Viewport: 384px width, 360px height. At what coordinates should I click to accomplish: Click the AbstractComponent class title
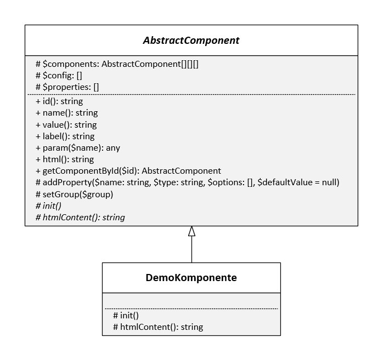coord(191,41)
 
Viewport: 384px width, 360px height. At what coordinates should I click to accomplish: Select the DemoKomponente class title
coord(191,278)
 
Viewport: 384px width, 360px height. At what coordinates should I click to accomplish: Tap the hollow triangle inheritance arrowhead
coord(191,231)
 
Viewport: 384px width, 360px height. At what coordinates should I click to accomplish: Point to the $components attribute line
coord(116,64)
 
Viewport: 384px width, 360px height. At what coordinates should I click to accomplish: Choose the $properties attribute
coord(67,87)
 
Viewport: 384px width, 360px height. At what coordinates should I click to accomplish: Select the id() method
coord(59,101)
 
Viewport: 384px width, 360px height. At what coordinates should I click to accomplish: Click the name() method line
coord(66,113)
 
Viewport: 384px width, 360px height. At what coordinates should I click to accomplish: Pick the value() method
coord(66,124)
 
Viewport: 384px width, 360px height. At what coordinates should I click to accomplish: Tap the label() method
coord(65,136)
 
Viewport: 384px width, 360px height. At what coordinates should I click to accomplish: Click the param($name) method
coord(77,148)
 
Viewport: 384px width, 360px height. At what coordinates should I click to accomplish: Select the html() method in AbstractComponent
coord(65,159)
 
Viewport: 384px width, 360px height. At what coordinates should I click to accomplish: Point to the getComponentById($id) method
coord(128,171)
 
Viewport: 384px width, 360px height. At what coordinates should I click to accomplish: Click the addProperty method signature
coord(187,182)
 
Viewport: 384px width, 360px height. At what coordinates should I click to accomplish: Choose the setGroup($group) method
coord(74,194)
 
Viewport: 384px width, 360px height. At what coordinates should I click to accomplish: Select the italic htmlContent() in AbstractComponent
coord(80,218)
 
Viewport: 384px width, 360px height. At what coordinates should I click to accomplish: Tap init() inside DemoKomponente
coord(126,316)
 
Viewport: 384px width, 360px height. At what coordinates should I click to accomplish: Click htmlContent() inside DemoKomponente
coord(158,327)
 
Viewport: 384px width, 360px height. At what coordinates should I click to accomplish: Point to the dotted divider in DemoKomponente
coord(191,308)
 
